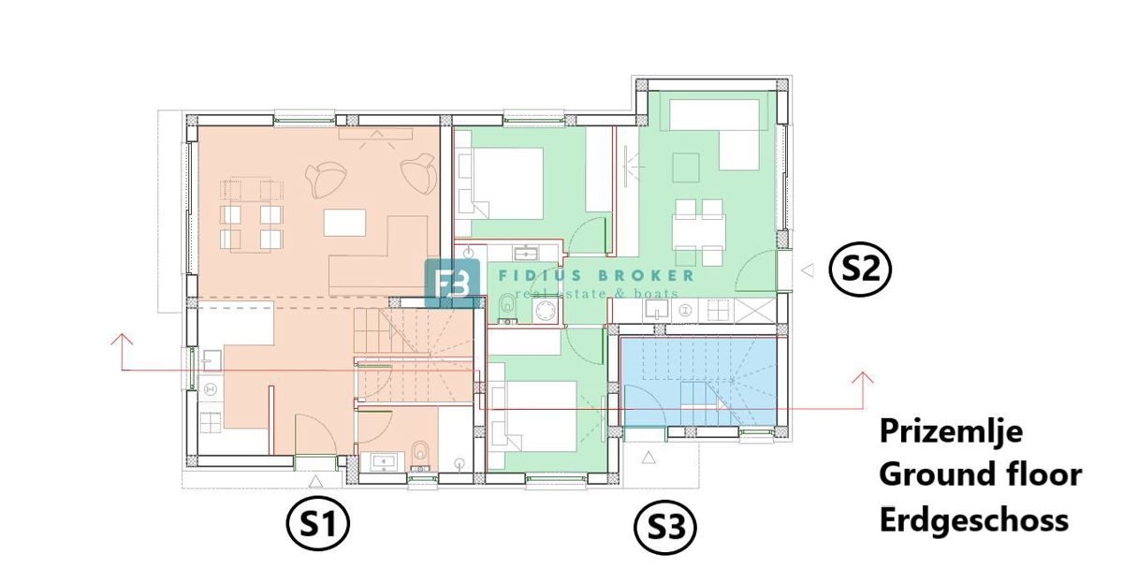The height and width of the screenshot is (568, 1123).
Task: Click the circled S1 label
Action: click(318, 523)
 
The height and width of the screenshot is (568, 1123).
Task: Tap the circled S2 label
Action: click(860, 270)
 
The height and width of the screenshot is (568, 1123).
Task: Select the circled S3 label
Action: click(665, 527)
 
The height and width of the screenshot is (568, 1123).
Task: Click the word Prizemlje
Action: click(951, 431)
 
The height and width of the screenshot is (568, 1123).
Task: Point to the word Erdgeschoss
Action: click(973, 520)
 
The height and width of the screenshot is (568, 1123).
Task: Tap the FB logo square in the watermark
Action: click(452, 283)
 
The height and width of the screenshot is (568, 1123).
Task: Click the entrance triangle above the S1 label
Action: click(315, 481)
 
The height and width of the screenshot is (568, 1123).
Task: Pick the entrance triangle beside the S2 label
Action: click(808, 270)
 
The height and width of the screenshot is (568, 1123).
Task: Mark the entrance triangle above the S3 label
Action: click(649, 458)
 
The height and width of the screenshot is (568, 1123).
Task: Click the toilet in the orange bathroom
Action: click(419, 455)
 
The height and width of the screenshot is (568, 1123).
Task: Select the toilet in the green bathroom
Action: click(508, 308)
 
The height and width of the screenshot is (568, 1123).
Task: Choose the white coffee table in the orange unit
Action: click(344, 223)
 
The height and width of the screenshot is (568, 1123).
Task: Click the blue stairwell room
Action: click(699, 383)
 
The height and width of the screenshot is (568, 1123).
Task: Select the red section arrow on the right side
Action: click(862, 390)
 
